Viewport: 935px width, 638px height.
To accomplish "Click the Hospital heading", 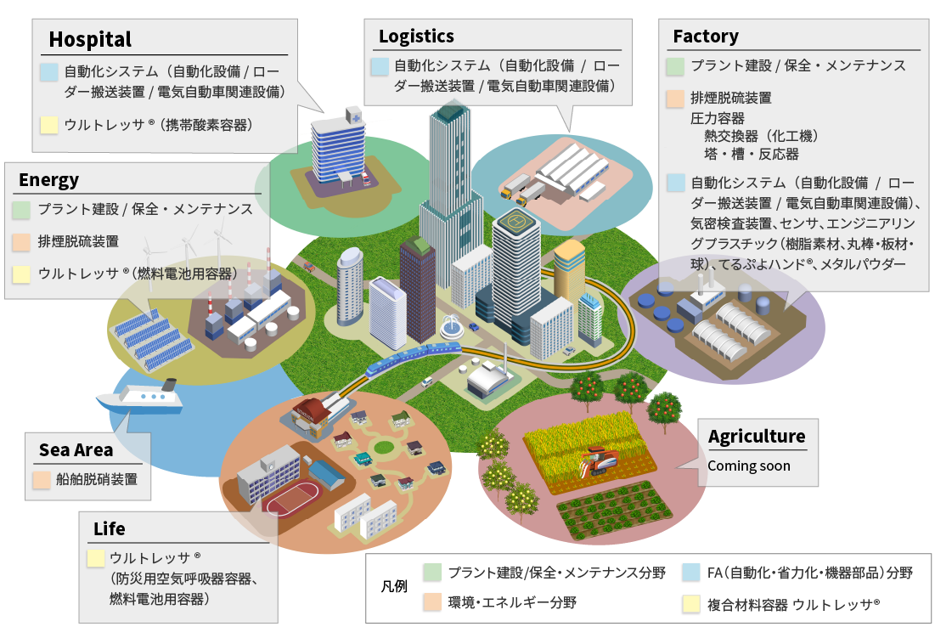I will pos(90,39).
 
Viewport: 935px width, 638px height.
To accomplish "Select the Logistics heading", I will pos(416,37).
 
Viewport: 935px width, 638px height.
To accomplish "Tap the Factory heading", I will pos(705,37).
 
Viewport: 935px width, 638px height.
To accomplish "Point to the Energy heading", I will pos(48,179).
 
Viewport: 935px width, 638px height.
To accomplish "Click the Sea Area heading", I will pos(76,450).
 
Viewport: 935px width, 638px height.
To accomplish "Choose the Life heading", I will pos(110,528).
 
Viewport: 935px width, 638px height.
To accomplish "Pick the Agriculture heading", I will pos(757,437).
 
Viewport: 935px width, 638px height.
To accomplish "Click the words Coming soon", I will pos(748,466).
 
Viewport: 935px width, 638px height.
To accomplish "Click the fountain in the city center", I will pos(450,325).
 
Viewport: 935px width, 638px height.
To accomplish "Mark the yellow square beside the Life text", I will pos(96,559).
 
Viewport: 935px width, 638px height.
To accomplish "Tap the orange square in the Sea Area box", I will pos(41,480).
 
